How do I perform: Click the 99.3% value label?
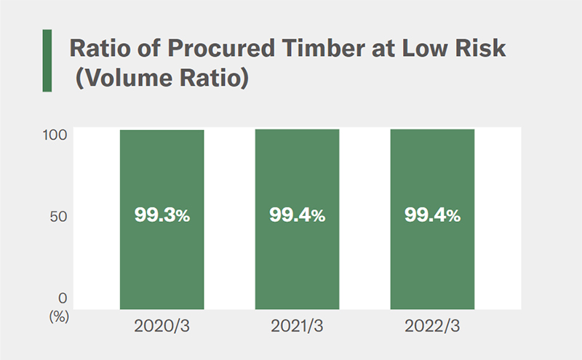162,215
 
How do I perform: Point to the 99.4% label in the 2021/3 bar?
297,215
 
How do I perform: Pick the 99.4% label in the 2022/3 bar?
432,215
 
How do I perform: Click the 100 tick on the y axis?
59,134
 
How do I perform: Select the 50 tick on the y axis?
62,216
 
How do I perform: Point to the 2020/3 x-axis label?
162,325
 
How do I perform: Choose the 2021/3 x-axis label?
297,325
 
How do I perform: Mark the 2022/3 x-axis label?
432,325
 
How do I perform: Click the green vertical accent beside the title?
47,60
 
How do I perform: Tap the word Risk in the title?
477,49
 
